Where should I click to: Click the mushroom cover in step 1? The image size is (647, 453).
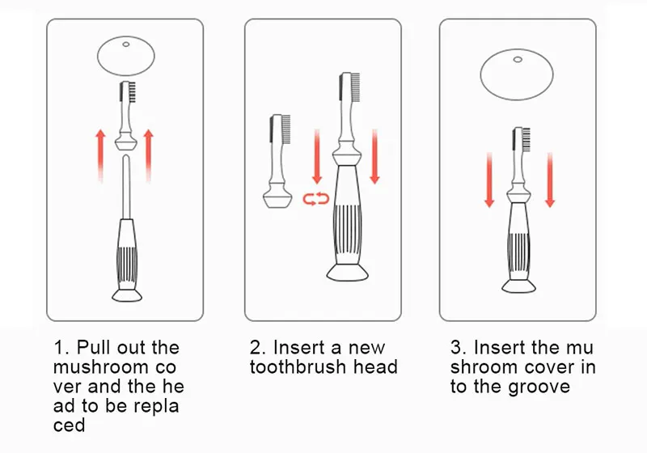pyautogui.click(x=125, y=56)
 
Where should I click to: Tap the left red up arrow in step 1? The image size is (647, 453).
pyautogui.click(x=99, y=155)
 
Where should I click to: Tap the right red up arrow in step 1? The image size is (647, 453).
pyautogui.click(x=148, y=155)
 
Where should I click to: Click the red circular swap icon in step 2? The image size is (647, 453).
pyautogui.click(x=316, y=198)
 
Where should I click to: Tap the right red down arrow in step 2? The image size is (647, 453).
pyautogui.click(x=374, y=159)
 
